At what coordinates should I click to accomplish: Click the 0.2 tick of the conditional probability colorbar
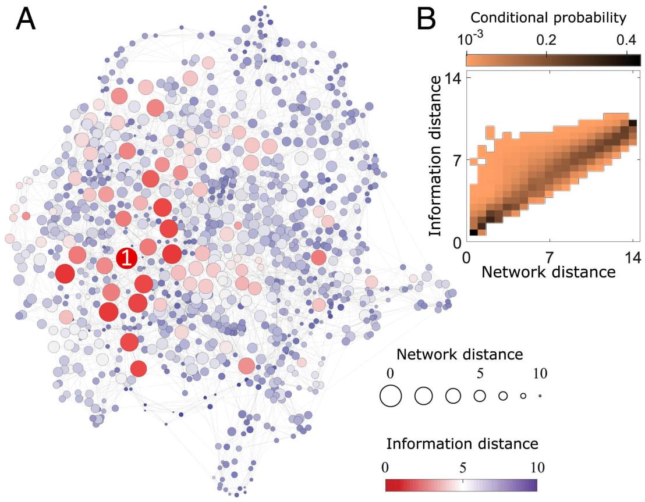click(x=547, y=40)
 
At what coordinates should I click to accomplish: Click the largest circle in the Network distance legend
click(x=391, y=396)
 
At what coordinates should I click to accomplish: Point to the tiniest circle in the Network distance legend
click(x=540, y=396)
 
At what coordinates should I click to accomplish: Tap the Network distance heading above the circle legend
click(x=460, y=355)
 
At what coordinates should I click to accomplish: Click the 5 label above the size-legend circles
click(x=479, y=372)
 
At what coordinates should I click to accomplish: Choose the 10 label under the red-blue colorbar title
click(x=536, y=467)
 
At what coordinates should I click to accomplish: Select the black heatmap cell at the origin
click(x=473, y=233)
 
